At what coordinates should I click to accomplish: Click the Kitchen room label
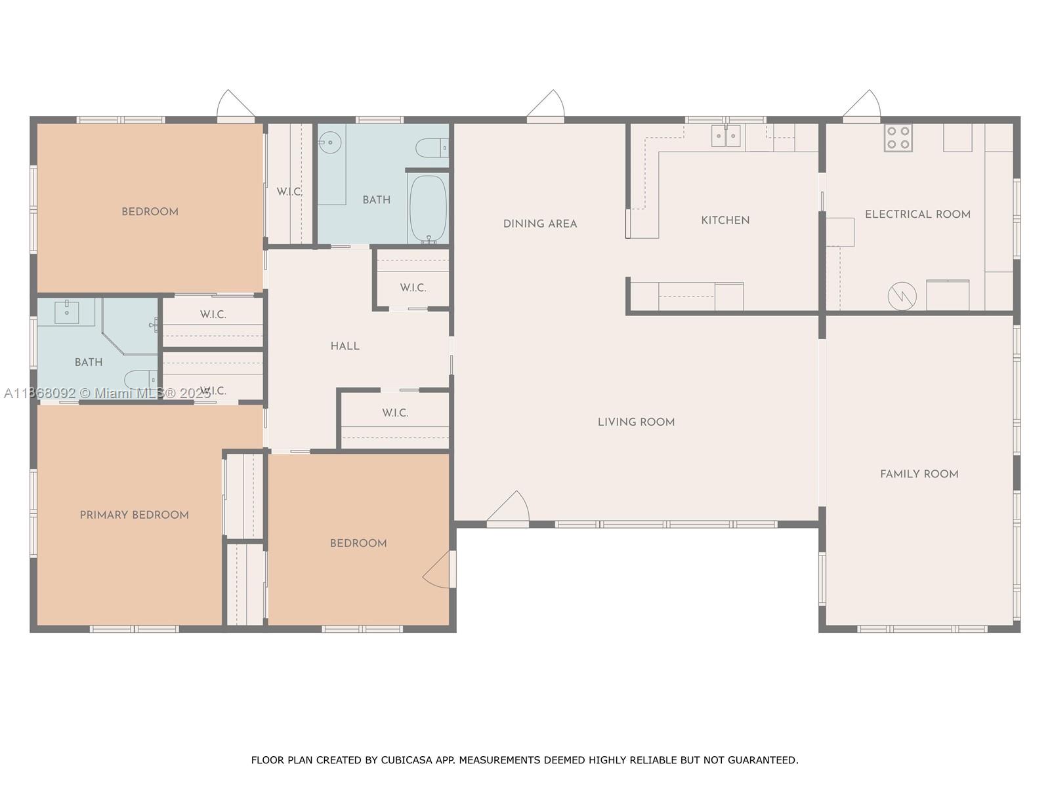tap(725, 220)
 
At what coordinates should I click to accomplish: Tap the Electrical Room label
tap(917, 214)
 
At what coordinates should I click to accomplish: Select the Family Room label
tap(919, 474)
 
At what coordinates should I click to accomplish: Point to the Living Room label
tap(636, 422)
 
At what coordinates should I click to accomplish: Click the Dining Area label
tap(540, 224)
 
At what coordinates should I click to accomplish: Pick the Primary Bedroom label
tap(135, 515)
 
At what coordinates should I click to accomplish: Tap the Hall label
tap(345, 346)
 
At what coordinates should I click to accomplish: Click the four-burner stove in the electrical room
tap(898, 138)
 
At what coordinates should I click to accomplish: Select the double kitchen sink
tap(726, 136)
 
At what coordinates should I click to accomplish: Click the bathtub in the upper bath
tap(428, 209)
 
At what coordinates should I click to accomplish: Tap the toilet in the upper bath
tap(432, 148)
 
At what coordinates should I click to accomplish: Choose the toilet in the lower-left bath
tap(140, 380)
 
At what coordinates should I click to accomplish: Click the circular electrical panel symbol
tap(902, 296)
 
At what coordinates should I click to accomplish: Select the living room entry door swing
tap(509, 508)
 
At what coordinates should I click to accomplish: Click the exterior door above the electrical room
tap(862, 106)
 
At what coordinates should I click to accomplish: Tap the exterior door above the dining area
tap(546, 106)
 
